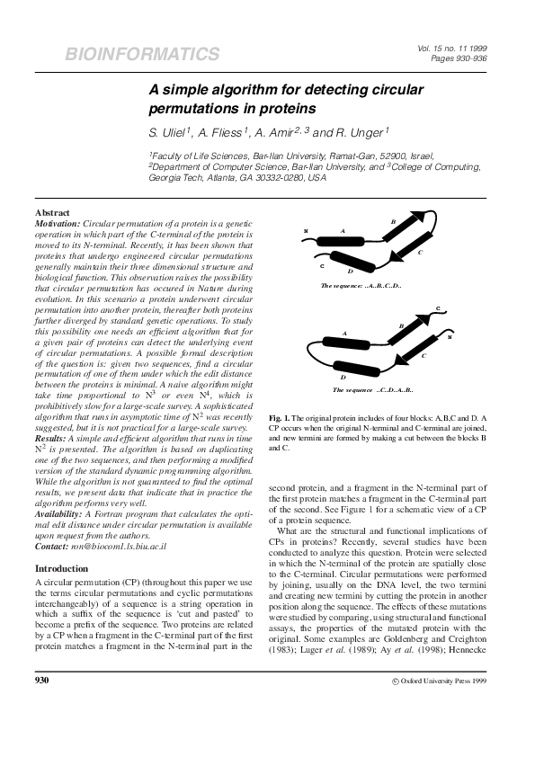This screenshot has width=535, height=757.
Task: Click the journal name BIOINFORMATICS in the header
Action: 142,55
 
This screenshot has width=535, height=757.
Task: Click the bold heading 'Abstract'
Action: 53,211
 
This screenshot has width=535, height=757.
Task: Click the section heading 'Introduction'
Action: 62,569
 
